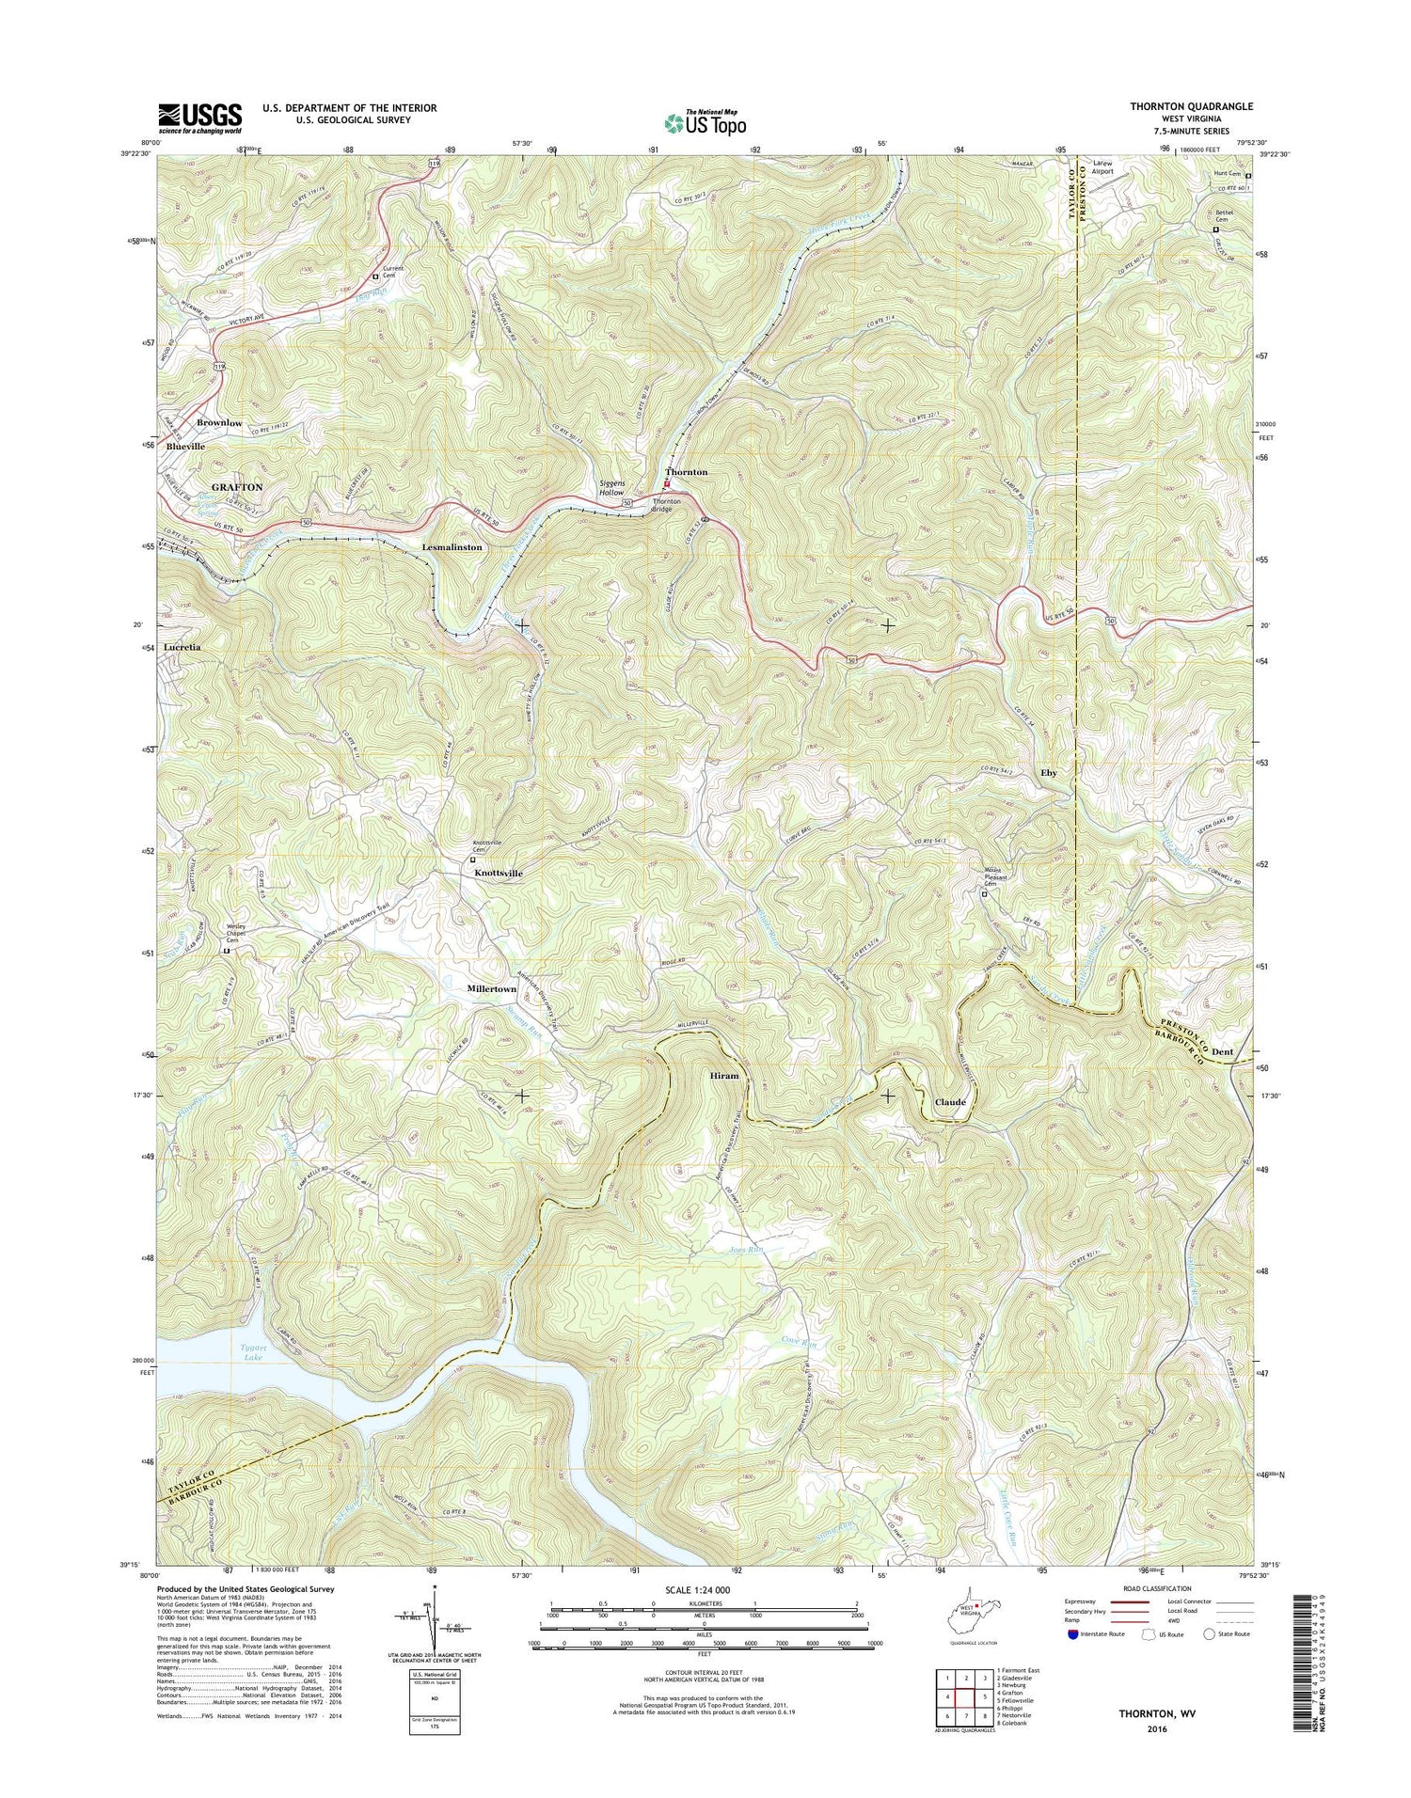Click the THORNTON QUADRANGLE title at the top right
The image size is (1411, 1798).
click(x=1191, y=107)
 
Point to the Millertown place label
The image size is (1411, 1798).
click(x=492, y=989)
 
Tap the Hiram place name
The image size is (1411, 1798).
click(x=723, y=1075)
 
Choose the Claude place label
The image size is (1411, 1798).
click(x=949, y=1102)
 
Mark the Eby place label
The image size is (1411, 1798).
click(x=1048, y=773)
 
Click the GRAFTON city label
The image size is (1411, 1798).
click(x=237, y=487)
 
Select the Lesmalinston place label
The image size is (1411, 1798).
click(x=452, y=546)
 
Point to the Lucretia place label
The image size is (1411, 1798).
click(x=182, y=648)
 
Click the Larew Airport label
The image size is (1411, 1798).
click(x=1102, y=167)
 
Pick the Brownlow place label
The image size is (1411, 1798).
click(x=219, y=423)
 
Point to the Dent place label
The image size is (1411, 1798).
click(x=1222, y=1051)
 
